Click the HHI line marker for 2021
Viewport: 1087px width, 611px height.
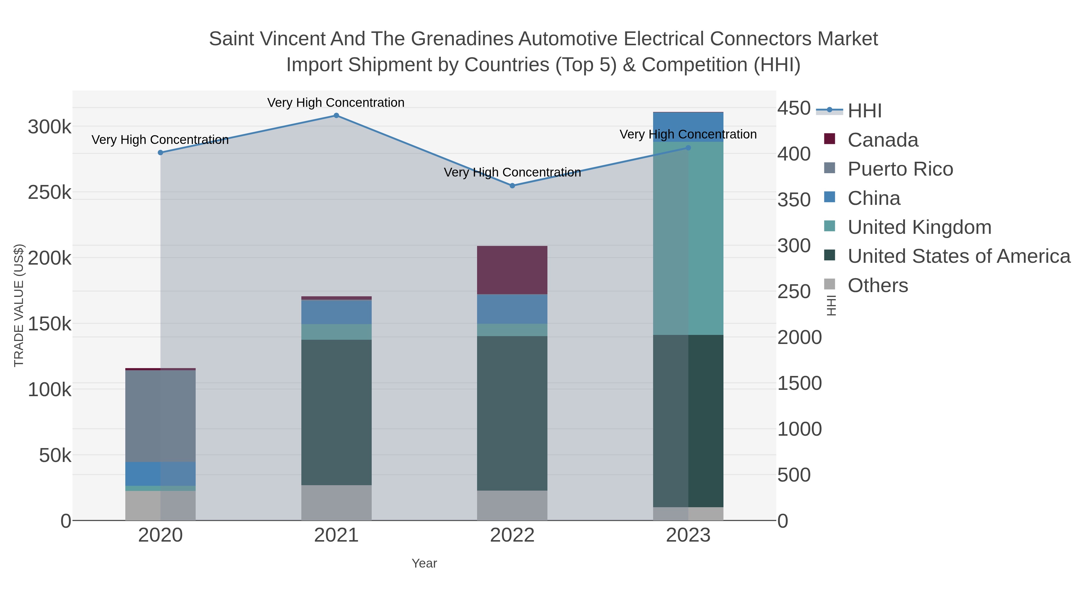pos(336,116)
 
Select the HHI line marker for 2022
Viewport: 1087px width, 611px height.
pos(512,186)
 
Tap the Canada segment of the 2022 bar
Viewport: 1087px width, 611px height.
pos(512,270)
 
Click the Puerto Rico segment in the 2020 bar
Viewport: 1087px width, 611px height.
pos(160,416)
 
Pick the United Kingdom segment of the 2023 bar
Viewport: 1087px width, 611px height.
pos(688,238)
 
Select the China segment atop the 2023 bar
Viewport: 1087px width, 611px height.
pos(688,126)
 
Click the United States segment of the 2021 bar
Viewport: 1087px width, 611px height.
pos(336,412)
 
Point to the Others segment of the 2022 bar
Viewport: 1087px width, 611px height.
pos(512,505)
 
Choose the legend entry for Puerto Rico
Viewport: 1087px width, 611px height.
pos(900,169)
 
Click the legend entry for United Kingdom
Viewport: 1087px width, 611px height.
pos(919,227)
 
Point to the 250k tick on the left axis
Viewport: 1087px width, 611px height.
pos(50,193)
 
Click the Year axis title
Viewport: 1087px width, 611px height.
pos(424,563)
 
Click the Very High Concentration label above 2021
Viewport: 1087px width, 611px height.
pos(336,103)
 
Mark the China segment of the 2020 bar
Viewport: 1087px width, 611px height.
pos(160,473)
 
